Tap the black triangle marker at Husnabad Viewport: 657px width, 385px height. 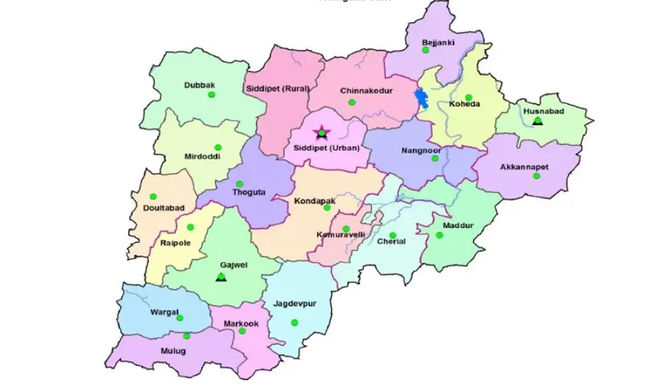(x=537, y=121)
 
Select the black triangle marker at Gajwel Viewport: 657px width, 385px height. (x=221, y=277)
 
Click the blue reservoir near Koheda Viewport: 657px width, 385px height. (x=422, y=99)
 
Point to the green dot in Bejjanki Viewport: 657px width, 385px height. (x=425, y=50)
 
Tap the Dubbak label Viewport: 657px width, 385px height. (x=200, y=85)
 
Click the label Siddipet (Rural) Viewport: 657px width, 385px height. (x=278, y=89)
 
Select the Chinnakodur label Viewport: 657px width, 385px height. (x=366, y=91)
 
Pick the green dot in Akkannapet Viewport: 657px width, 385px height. (x=536, y=176)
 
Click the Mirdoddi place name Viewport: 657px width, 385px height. (x=203, y=157)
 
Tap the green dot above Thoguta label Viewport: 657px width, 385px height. (x=239, y=184)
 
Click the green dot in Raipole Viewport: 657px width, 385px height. (x=190, y=227)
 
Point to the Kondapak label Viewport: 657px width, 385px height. (x=315, y=201)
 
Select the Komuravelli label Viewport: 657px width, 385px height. (x=341, y=235)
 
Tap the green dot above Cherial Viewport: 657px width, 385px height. (x=393, y=235)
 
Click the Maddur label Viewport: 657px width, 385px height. (x=458, y=226)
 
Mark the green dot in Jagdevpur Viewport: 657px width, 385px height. (x=295, y=322)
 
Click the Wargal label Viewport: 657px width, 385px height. (x=164, y=312)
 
